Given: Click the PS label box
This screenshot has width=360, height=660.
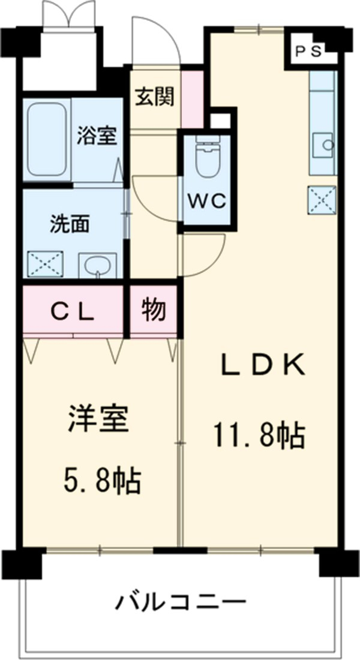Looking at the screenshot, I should click(309, 50).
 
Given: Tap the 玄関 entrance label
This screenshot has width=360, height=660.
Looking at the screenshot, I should click(154, 96).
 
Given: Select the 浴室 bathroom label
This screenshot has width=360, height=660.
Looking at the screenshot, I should click(96, 136).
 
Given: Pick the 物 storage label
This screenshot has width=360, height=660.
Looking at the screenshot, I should click(154, 311).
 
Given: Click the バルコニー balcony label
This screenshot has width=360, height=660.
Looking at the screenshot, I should click(181, 601).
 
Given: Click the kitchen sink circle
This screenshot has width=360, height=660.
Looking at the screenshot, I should click(328, 144).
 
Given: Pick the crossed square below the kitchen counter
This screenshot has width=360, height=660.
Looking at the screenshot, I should click(323, 200).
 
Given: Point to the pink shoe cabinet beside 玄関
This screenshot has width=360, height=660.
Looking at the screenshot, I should click(193, 99).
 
